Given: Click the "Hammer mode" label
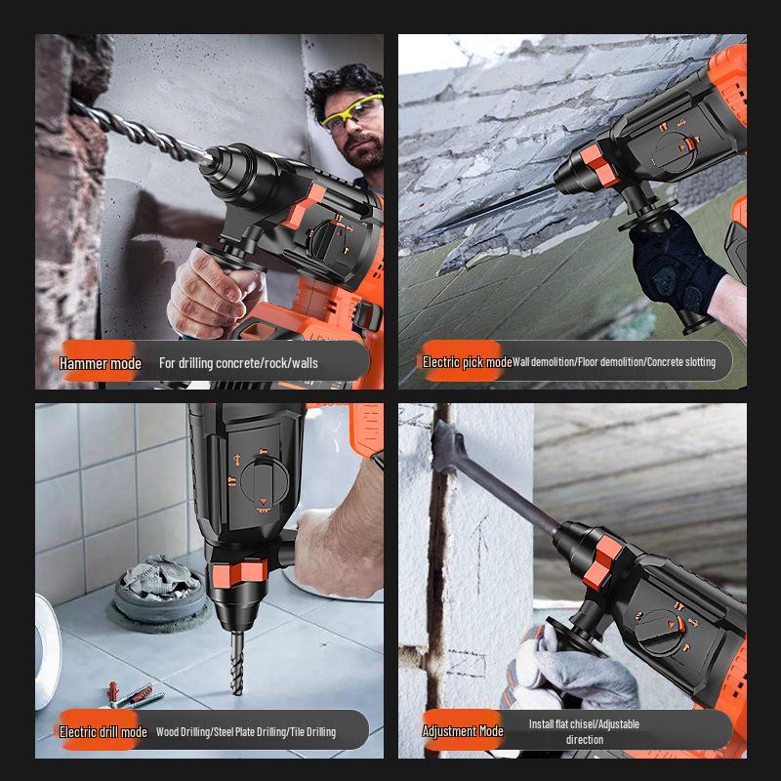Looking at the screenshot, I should (101, 363).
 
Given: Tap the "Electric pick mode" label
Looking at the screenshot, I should (467, 361).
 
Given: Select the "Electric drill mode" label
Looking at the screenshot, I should (103, 731).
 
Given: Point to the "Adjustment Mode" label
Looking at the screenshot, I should (463, 731).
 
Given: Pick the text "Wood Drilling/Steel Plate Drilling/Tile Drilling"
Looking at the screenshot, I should (246, 731).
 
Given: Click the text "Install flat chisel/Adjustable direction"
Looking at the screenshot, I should (585, 731).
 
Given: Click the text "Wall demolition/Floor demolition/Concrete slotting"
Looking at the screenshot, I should (614, 361).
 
